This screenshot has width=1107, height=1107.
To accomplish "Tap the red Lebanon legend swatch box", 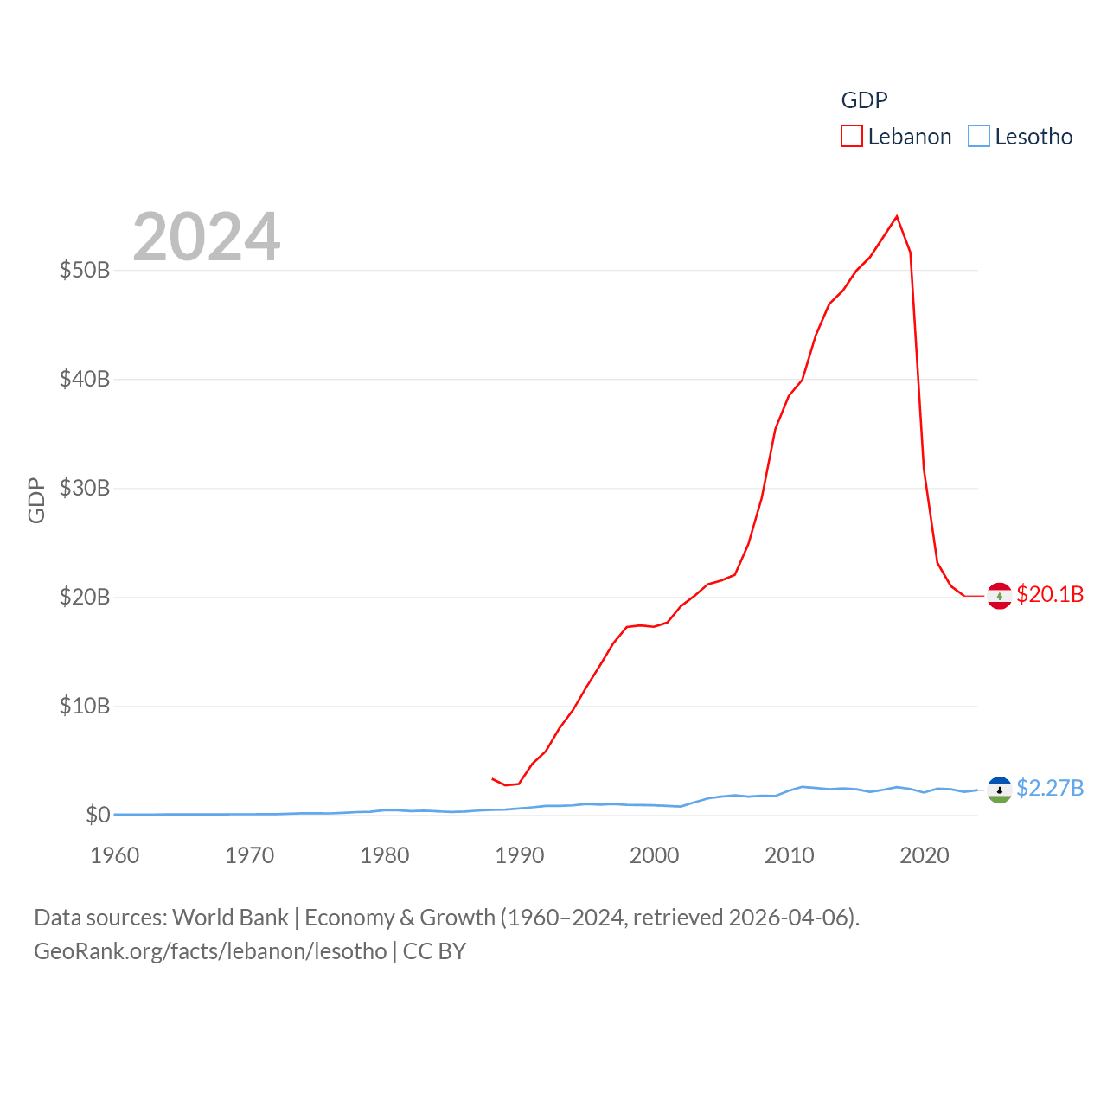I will tap(852, 137).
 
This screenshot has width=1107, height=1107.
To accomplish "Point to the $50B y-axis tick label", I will tap(85, 270).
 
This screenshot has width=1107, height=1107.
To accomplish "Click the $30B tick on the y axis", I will tap(85, 488).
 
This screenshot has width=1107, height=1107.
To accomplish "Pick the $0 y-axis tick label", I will tap(98, 815).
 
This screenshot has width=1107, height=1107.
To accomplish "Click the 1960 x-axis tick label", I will tap(115, 855).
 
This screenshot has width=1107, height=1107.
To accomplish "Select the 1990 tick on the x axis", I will tap(520, 855).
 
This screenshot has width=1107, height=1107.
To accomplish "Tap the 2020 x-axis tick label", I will tap(925, 855).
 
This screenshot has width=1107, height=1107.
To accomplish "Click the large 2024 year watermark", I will tap(207, 236).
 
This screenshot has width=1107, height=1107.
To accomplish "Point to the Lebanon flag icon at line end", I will tap(1000, 596).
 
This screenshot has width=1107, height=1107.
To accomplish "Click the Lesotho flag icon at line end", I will tap(1000, 790).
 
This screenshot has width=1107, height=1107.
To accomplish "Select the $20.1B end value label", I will tap(1050, 594).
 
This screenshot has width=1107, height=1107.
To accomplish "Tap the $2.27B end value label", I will tap(1050, 788).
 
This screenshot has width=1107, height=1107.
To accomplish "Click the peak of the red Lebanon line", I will tap(897, 216).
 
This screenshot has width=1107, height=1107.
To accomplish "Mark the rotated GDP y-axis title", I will tap(36, 500).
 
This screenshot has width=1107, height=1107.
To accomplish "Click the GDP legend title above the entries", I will tap(864, 100).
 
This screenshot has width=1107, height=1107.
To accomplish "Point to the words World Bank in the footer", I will tap(230, 917).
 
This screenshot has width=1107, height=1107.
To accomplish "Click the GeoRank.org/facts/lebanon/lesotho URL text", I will tap(210, 951).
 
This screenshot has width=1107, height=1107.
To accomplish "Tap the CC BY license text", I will tap(434, 951).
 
